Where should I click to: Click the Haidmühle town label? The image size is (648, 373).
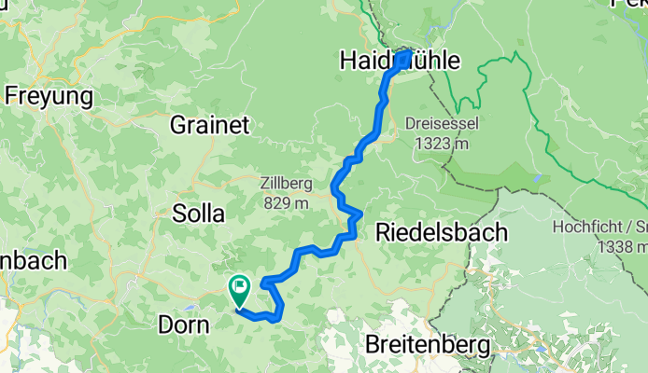tap(400, 62)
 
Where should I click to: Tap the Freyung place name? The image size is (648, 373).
tap(49, 95)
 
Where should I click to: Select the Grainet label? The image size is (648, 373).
tap(209, 124)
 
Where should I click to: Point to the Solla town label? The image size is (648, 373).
tap(199, 214)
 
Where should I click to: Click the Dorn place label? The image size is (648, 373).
tap(183, 325)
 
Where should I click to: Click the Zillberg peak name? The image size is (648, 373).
tap(286, 185)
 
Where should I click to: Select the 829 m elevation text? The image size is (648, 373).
tap(287, 203)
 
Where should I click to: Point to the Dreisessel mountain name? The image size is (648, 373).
tap(438, 123)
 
